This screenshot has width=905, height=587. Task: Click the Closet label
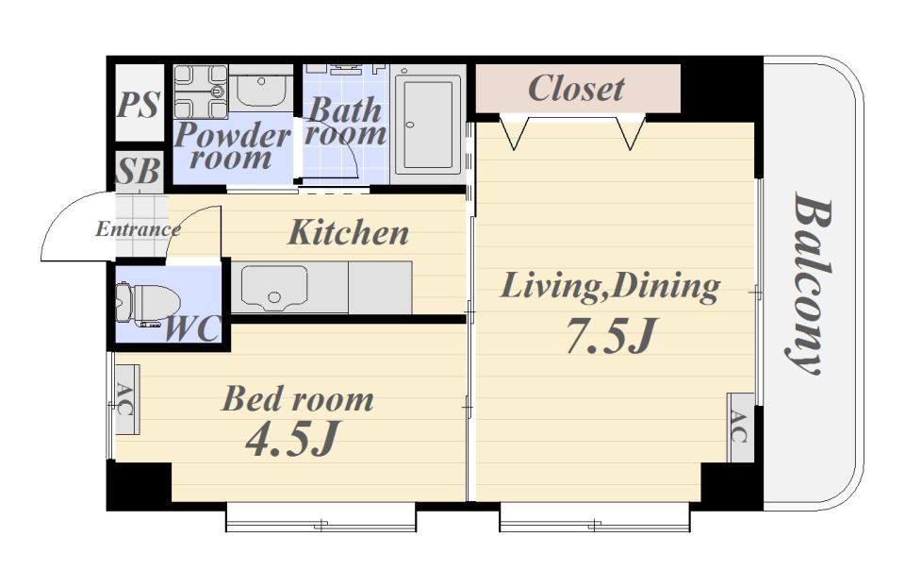[576, 89]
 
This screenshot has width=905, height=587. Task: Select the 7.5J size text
[612, 336]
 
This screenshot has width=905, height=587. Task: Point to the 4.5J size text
[291, 439]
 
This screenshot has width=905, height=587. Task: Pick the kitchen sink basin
[273, 288]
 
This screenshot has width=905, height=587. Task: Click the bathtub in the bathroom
[428, 124]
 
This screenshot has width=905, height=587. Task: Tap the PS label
[138, 105]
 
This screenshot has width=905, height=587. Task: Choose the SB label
[138, 171]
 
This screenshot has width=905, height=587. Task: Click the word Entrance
[138, 228]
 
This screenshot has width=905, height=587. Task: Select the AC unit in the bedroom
[126, 399]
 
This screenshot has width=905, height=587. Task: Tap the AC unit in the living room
[740, 428]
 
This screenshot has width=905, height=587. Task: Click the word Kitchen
[349, 232]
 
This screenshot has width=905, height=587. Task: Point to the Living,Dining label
[610, 287]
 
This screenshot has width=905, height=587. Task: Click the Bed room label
[298, 399]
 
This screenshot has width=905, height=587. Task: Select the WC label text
[192, 330]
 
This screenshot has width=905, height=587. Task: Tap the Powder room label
[232, 146]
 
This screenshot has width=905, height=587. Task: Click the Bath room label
[345, 122]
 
